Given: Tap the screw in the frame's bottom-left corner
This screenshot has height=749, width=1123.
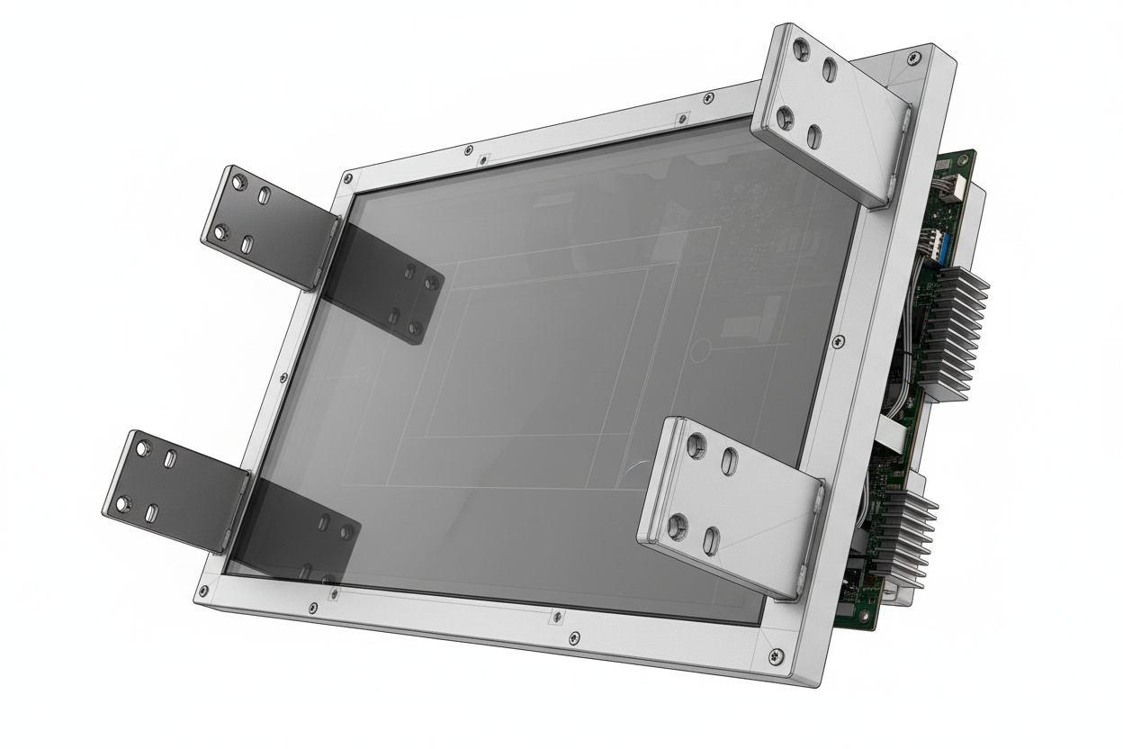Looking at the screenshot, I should click(204, 591).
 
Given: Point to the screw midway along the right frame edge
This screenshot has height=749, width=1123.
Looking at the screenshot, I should click(839, 341).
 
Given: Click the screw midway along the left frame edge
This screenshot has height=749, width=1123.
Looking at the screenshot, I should click(284, 377).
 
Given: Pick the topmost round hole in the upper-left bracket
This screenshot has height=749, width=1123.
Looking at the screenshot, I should click(238, 183).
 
